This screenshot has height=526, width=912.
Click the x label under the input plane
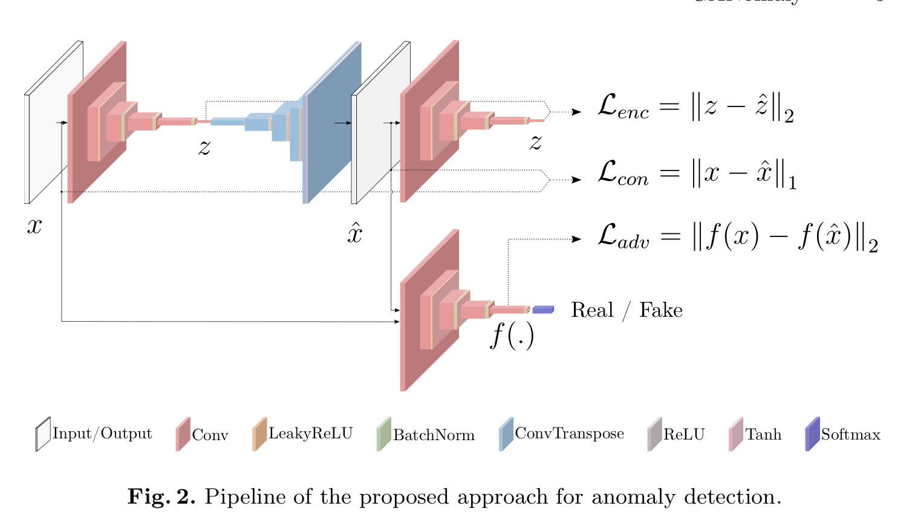click(x=34, y=226)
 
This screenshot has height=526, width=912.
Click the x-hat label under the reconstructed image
click(x=354, y=233)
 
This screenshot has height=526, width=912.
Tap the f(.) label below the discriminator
click(x=512, y=336)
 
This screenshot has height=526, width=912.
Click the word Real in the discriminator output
click(x=592, y=310)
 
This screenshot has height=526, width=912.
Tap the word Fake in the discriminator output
click(x=660, y=310)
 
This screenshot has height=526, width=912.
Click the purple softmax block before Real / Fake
click(x=542, y=310)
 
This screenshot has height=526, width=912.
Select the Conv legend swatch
click(x=183, y=434)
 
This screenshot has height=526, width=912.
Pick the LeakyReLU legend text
click(x=310, y=433)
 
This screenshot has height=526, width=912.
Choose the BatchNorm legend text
click(x=434, y=435)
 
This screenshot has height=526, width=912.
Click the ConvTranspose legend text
click(x=569, y=433)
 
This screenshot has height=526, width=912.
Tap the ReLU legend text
click(x=684, y=434)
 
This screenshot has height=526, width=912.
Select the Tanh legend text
click(x=763, y=434)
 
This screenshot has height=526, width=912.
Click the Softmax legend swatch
click(x=812, y=434)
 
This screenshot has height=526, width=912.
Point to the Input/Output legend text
click(x=102, y=433)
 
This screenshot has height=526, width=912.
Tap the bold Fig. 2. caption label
click(x=161, y=497)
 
